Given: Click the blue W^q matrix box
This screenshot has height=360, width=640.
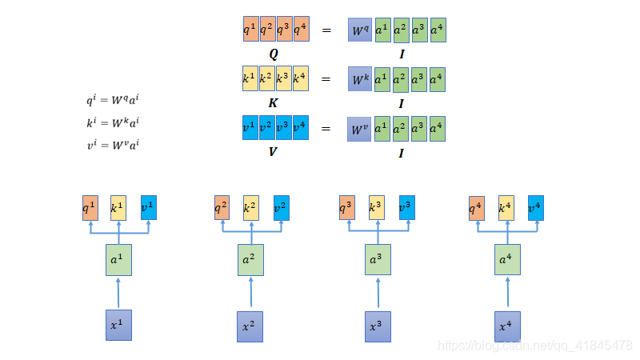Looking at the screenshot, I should click(360, 31).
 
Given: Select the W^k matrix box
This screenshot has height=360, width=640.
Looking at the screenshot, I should click(360, 80).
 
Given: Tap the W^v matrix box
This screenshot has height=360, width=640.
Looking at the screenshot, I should click(360, 129).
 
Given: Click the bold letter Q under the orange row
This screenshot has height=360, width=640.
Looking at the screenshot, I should click(274, 54).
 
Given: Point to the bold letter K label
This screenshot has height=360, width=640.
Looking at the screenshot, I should click(274, 103).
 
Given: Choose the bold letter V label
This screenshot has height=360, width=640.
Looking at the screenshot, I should click(274, 150).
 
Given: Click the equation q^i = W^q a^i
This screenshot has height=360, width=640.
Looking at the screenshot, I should click(118, 102).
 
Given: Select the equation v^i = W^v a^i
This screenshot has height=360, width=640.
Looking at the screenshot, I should click(118, 145).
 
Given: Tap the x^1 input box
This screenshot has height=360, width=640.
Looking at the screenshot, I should click(118, 325).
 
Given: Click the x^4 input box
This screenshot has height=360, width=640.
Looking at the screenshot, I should click(507, 326).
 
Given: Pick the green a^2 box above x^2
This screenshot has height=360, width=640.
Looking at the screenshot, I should click(250, 260).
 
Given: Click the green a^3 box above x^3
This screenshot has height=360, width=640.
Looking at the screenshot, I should click(378, 260).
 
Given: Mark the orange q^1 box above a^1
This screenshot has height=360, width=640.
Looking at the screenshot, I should click(90, 207).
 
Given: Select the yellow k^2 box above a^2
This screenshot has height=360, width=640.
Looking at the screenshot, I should click(251, 208).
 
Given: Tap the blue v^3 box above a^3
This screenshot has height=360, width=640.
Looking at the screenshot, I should click(407, 208).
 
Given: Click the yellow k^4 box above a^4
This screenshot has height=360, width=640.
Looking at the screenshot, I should click(506, 208).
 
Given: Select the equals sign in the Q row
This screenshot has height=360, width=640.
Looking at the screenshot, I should click(326, 31).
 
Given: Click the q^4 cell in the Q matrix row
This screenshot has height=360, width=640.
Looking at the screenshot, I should click(301, 30).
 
